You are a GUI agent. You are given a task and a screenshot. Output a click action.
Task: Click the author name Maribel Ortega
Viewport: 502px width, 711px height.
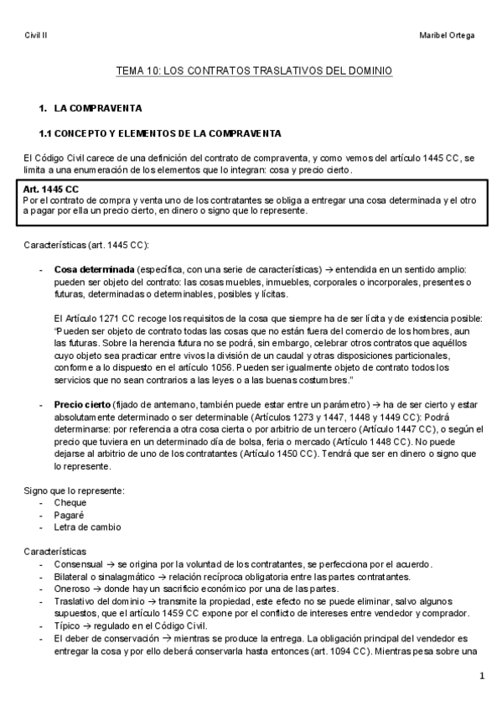pyautogui.click(x=448, y=35)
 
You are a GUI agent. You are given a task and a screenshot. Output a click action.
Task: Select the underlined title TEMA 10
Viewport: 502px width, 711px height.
pyautogui.click(x=253, y=72)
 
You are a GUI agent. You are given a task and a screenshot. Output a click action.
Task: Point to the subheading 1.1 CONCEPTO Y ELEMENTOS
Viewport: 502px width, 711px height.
pyautogui.click(x=160, y=133)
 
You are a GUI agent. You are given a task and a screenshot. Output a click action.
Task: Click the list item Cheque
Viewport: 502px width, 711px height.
pyautogui.click(x=70, y=502)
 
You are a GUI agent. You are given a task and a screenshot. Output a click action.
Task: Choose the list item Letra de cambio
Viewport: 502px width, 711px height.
pyautogui.click(x=87, y=527)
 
